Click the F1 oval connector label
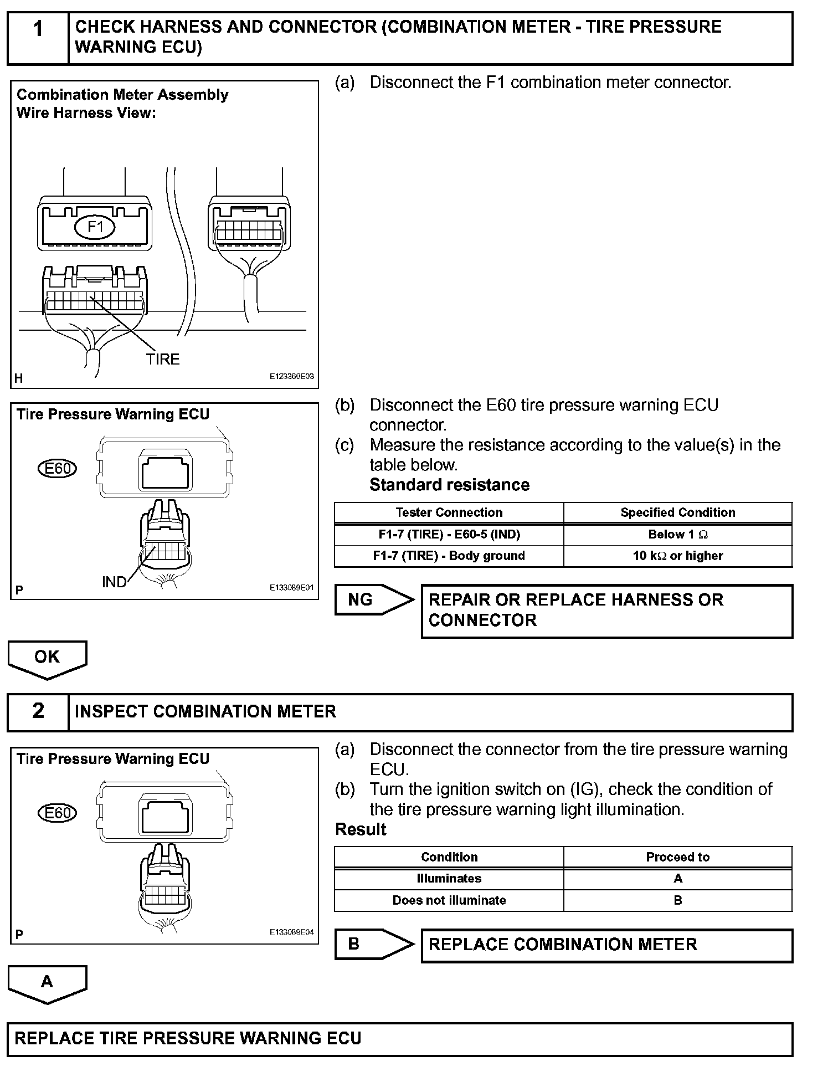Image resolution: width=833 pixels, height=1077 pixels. (x=95, y=227)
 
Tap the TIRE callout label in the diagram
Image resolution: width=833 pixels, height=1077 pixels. (x=163, y=360)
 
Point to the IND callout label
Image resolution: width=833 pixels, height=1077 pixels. (x=114, y=582)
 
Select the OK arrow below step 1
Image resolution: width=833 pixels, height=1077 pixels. (x=47, y=658)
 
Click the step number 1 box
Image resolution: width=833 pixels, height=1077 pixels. (x=38, y=38)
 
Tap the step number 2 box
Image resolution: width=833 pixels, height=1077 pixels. (x=38, y=711)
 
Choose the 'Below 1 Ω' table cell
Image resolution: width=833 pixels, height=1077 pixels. (x=677, y=535)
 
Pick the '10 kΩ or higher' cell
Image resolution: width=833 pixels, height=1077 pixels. (x=677, y=556)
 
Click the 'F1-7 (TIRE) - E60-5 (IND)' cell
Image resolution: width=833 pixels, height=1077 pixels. (x=449, y=535)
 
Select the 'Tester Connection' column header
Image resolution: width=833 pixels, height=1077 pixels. (x=449, y=512)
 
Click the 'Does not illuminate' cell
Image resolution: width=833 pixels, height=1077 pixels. (x=449, y=900)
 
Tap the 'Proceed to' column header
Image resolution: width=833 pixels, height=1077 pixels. (x=677, y=857)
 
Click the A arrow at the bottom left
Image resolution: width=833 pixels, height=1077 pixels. (x=47, y=982)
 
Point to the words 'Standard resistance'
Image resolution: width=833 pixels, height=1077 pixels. (x=449, y=485)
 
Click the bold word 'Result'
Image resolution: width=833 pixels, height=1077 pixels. (x=361, y=829)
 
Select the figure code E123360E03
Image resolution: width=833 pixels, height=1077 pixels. (x=291, y=376)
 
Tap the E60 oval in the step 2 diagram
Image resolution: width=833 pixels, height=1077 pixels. (x=58, y=813)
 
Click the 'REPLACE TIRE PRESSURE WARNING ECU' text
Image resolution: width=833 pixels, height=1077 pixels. (x=188, y=1038)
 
